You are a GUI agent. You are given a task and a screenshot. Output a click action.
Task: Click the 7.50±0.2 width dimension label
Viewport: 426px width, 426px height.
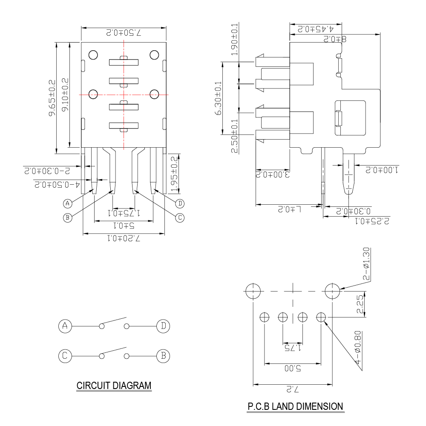point(124,33)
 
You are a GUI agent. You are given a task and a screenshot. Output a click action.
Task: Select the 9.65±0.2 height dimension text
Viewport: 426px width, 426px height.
point(52,98)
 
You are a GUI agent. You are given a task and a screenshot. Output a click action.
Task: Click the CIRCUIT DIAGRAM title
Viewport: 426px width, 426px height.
point(114,386)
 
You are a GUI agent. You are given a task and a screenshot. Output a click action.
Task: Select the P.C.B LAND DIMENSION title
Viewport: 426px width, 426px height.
point(295,406)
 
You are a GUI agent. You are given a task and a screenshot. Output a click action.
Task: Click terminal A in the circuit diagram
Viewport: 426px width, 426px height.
point(65,326)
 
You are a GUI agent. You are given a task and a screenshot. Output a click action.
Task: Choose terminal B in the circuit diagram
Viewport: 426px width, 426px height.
point(163,356)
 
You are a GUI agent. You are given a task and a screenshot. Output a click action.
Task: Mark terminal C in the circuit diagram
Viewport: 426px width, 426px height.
point(65,356)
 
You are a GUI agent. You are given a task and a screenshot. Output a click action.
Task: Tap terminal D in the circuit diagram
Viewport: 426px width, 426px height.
point(163,326)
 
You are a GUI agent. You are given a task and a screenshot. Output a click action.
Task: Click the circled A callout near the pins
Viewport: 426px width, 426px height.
point(68,203)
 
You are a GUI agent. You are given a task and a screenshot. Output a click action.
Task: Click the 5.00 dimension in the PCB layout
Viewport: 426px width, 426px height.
point(292,368)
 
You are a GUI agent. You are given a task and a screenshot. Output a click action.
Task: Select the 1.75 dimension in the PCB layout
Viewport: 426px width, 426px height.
point(293,348)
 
